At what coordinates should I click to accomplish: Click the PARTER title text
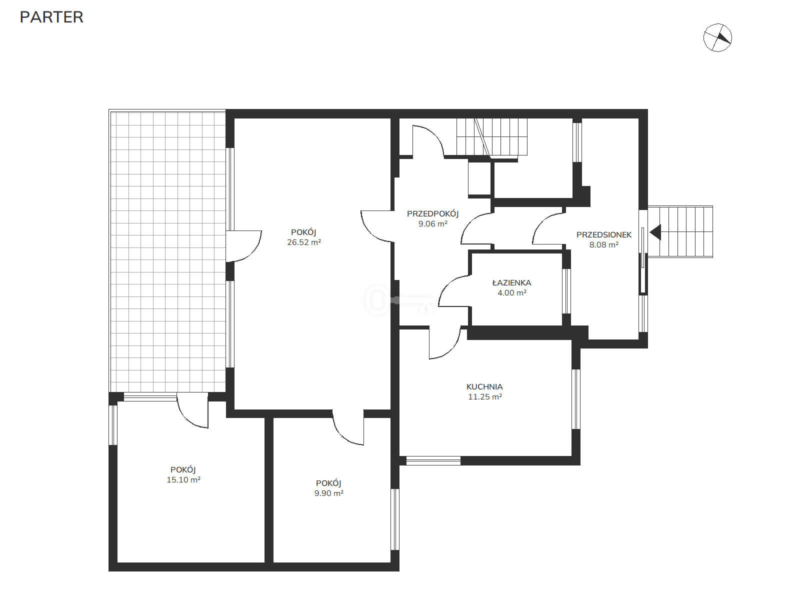pyautogui.click(x=51, y=17)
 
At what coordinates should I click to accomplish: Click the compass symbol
pyautogui.click(x=717, y=37)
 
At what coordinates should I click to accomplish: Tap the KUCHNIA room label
pyautogui.click(x=484, y=386)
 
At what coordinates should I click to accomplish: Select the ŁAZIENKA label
pyautogui.click(x=511, y=282)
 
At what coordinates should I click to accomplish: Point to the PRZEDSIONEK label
pyautogui.click(x=604, y=234)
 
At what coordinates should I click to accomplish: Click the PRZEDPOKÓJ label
pyautogui.click(x=432, y=214)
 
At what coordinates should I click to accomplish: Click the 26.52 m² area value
pyautogui.click(x=304, y=242)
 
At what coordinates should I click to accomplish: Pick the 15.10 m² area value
pyautogui.click(x=183, y=480)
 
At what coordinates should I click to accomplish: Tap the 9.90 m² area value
pyautogui.click(x=328, y=493)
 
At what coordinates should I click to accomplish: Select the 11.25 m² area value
pyautogui.click(x=484, y=396)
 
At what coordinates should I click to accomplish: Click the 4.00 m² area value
pyautogui.click(x=511, y=292)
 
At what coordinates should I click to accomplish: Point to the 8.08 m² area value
pyautogui.click(x=604, y=245)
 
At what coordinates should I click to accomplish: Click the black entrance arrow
pyautogui.click(x=656, y=232)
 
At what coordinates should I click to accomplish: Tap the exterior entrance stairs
pyautogui.click(x=680, y=231)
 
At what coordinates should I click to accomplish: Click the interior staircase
pyautogui.click(x=492, y=137)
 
